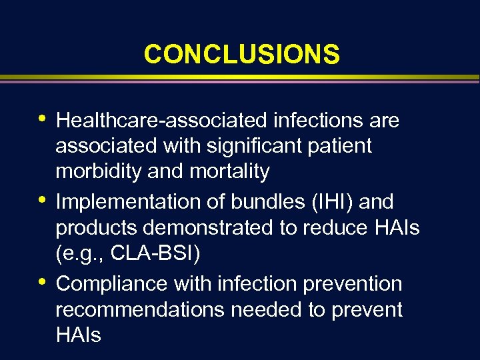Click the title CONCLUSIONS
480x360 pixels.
coord(241,55)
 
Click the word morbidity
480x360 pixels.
coord(99,172)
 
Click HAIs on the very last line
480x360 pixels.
coord(78,335)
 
